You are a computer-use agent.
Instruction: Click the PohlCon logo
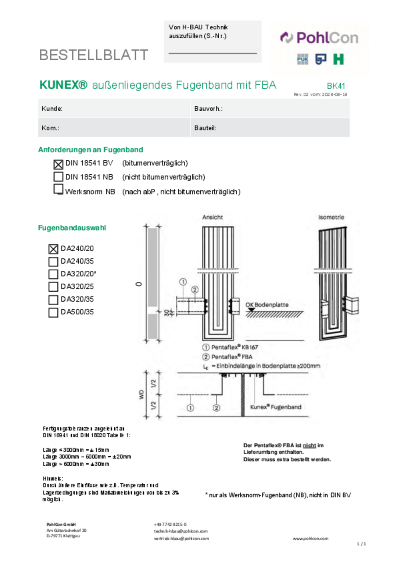coord(319,38)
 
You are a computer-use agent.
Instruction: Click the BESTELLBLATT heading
coord(93,55)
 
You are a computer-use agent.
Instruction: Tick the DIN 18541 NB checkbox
coord(58,177)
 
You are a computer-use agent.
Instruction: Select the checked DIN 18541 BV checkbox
coord(58,164)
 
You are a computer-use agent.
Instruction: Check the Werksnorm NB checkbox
coord(58,189)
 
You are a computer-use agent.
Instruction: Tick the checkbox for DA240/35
coord(53,262)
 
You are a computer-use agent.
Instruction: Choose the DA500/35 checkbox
coord(53,312)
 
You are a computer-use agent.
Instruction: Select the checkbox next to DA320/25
coord(53,287)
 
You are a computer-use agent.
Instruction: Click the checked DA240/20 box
coord(53,249)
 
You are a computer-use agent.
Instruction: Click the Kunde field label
coord(52,109)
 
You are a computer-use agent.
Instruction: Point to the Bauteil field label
coord(205,128)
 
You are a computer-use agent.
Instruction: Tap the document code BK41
coord(336,86)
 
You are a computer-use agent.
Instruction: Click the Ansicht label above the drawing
coord(212,217)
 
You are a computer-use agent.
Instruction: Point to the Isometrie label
coord(331,217)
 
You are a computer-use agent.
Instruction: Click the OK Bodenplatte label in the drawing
coord(267,305)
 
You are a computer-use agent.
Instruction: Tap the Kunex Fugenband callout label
coord(276,407)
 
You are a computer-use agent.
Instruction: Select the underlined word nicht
coord(309,445)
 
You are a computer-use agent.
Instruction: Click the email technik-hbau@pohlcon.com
coord(180,531)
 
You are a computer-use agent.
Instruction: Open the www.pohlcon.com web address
coord(310,538)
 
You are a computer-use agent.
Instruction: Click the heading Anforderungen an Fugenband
coord(90,150)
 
